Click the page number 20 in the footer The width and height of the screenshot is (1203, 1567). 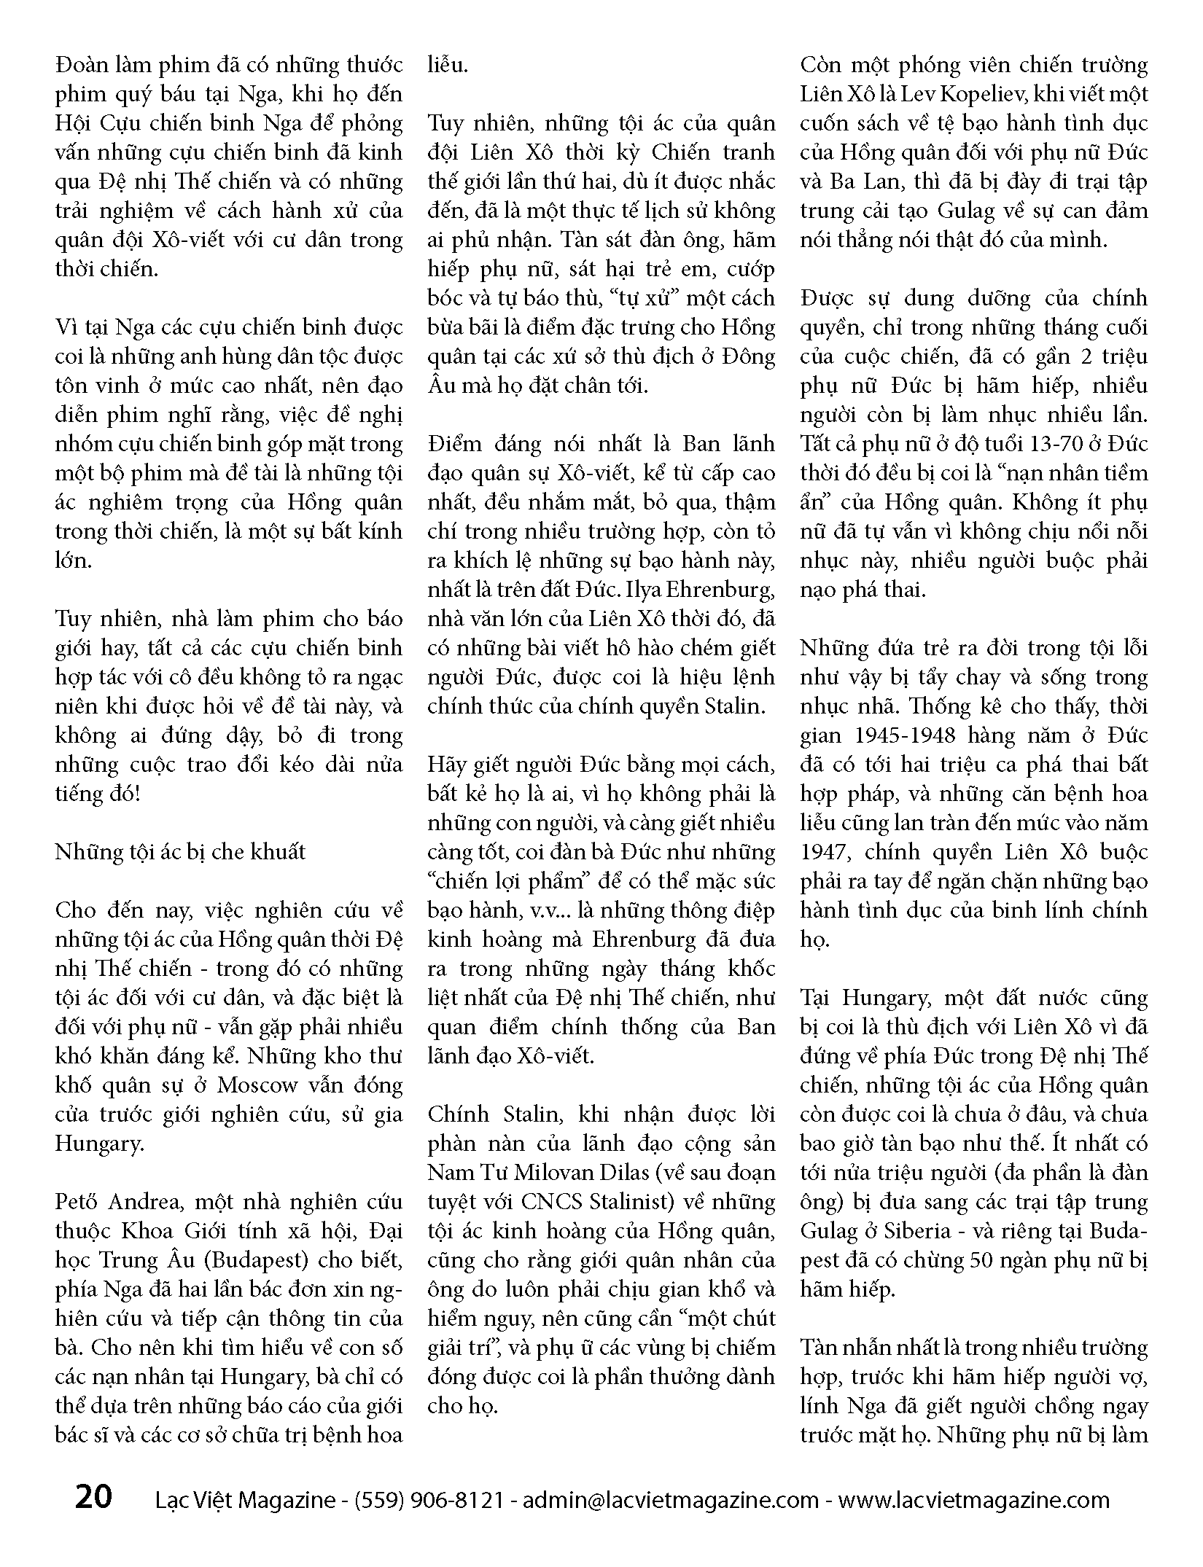[x=94, y=1497]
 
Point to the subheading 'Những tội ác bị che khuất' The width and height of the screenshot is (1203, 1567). [x=180, y=852]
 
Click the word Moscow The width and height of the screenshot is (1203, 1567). [x=259, y=1085]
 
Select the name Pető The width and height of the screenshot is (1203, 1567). [x=75, y=1202]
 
